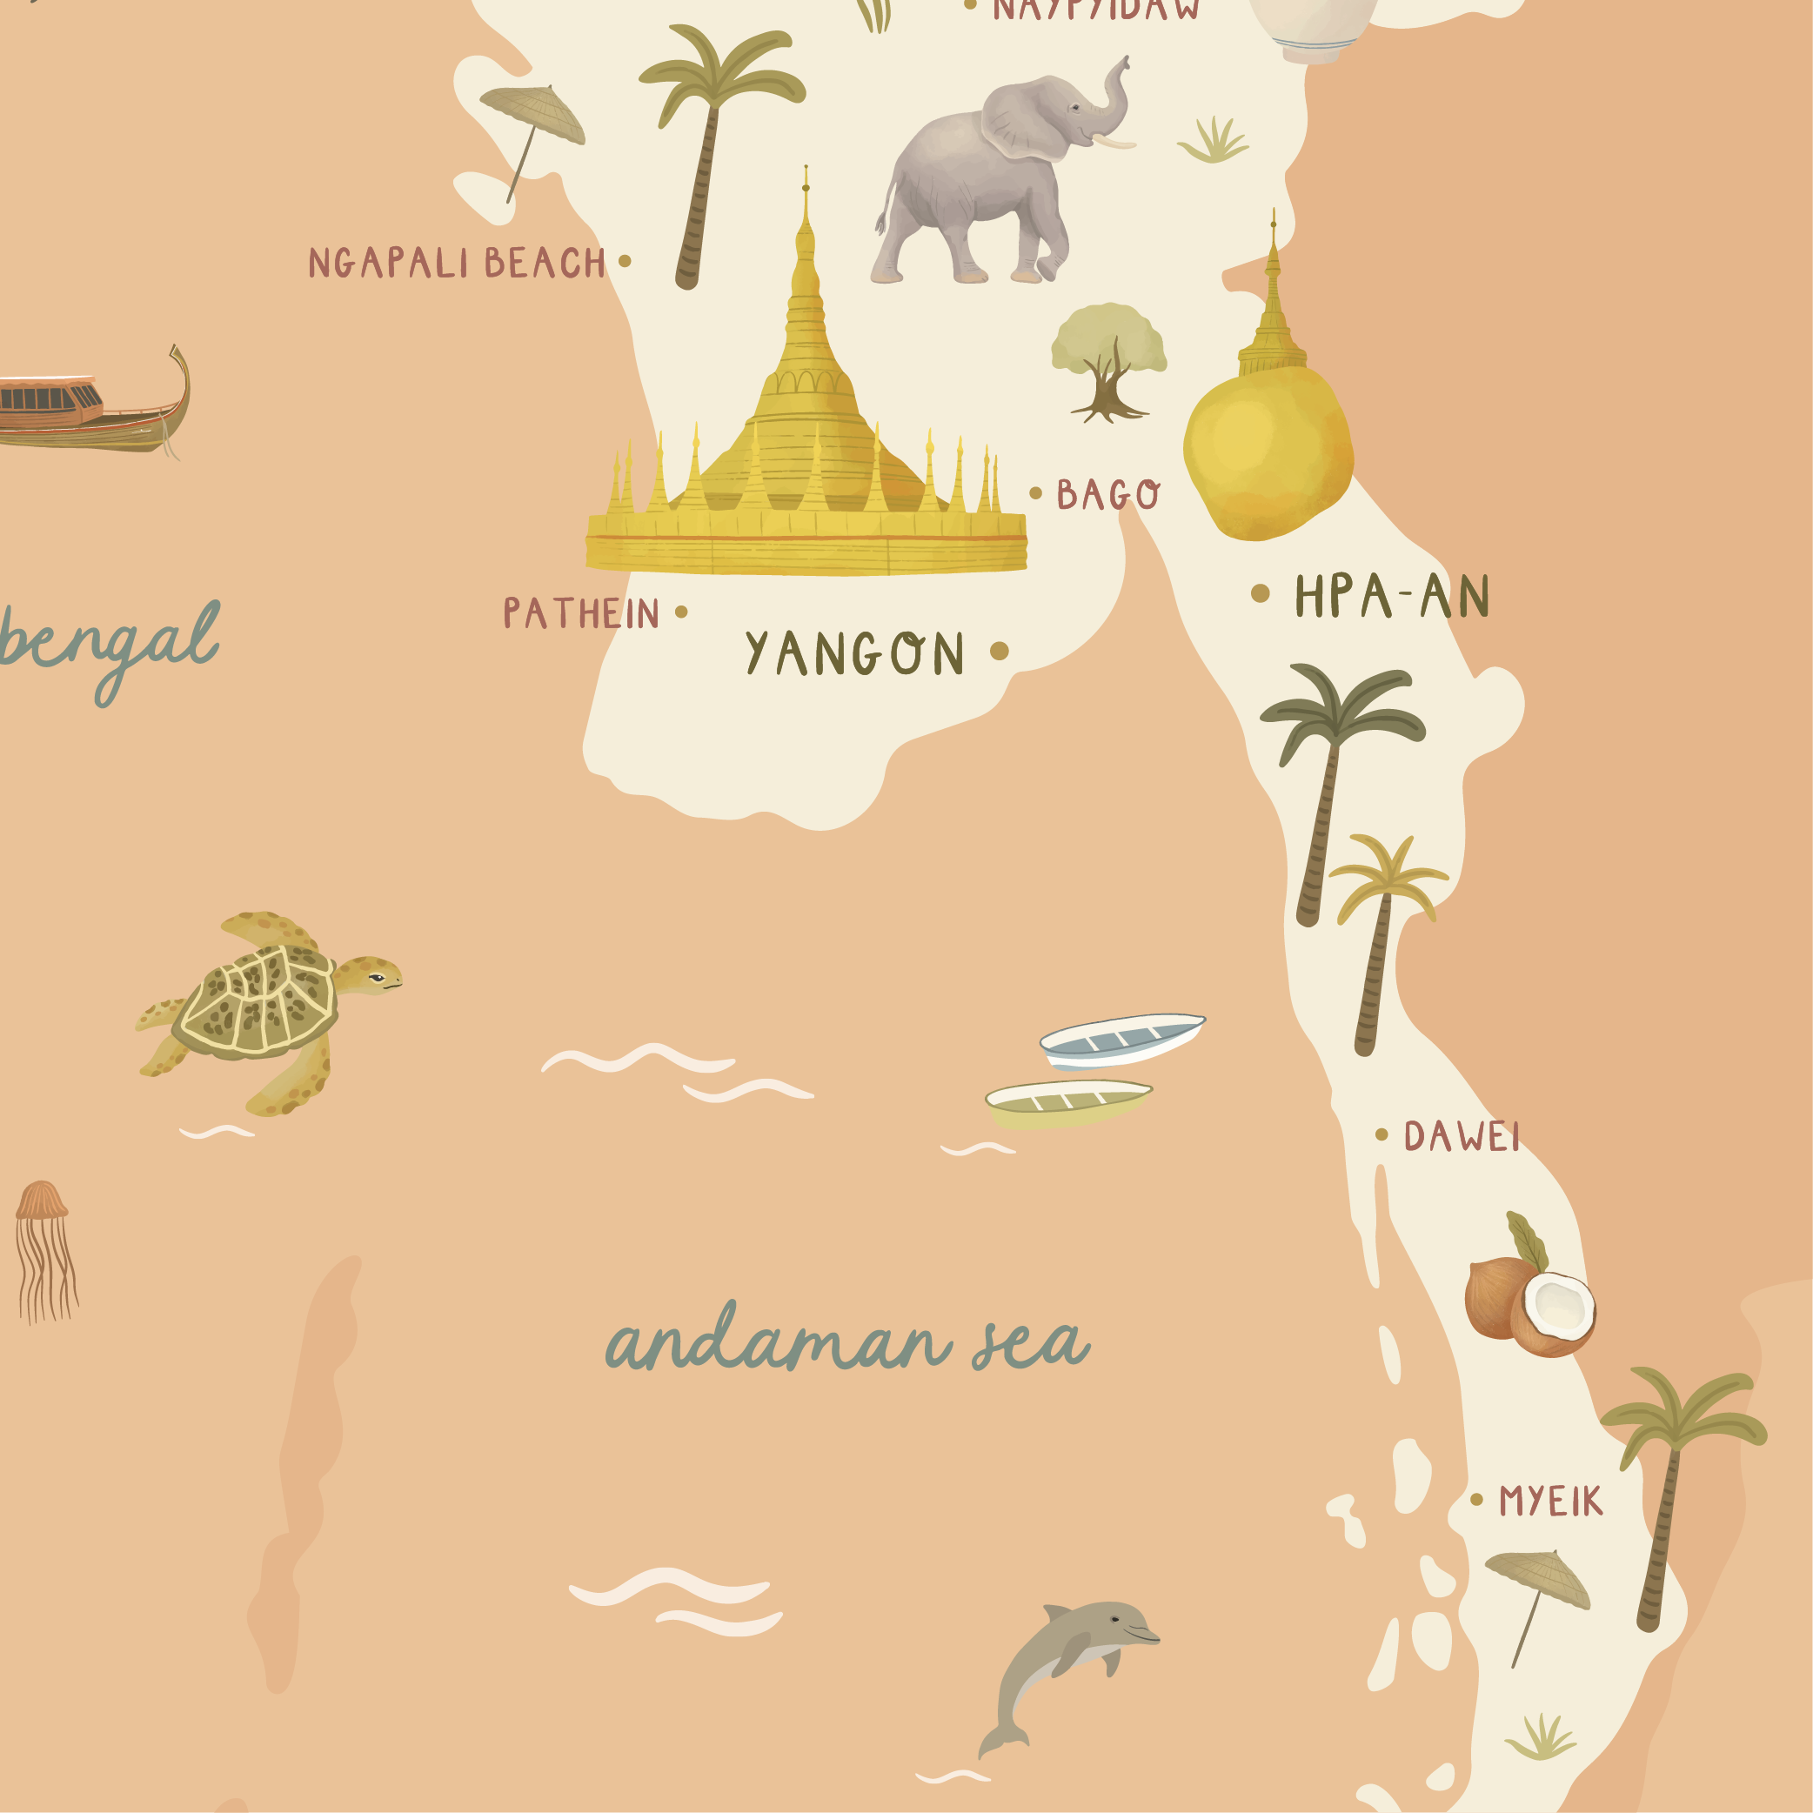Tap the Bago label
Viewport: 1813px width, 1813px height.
(1108, 493)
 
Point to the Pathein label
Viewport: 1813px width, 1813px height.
(582, 612)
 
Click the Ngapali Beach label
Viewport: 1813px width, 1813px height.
(457, 263)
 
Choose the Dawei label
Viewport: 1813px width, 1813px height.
(1461, 1136)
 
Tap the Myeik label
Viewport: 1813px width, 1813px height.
(1550, 1502)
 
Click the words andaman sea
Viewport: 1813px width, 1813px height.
(847, 1343)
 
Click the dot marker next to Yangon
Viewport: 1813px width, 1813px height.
(1000, 651)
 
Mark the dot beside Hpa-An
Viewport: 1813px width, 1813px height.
(1261, 593)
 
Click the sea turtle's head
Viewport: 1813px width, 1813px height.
(371, 975)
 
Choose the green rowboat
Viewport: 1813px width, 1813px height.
(1067, 1100)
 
